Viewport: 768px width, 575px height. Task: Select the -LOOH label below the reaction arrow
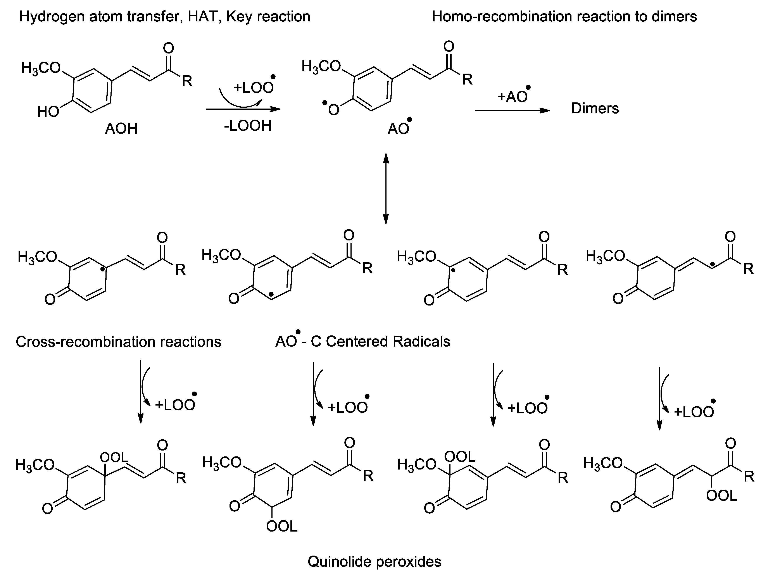tap(248, 126)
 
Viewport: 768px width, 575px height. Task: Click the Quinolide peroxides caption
tap(374, 561)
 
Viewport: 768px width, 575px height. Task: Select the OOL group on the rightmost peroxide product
tap(721, 496)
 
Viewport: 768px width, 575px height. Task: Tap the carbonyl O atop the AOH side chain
tap(169, 49)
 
